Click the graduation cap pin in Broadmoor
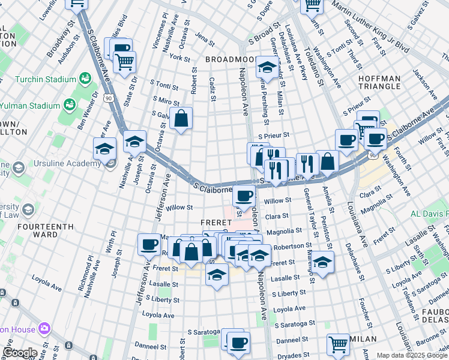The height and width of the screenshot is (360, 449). tap(266, 67)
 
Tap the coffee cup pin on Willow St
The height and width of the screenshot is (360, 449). tap(244, 195)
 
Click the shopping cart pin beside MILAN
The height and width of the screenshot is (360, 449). tap(339, 344)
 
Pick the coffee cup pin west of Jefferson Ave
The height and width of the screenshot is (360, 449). tap(149, 244)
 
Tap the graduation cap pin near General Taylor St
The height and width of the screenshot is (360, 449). tap(322, 263)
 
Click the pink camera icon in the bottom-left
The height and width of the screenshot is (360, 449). tap(43, 328)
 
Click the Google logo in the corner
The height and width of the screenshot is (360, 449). tap(20, 353)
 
